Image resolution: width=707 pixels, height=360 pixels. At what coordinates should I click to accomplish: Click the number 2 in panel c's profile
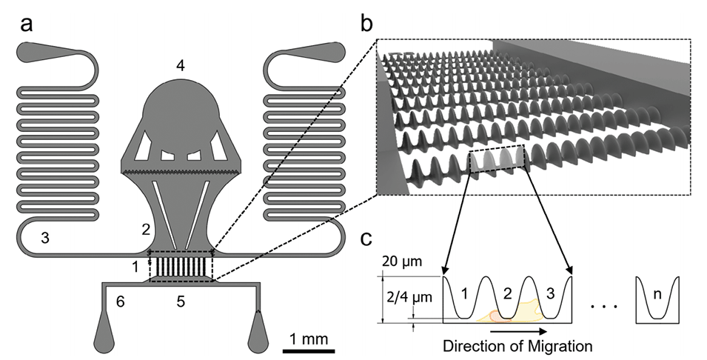point(506,293)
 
